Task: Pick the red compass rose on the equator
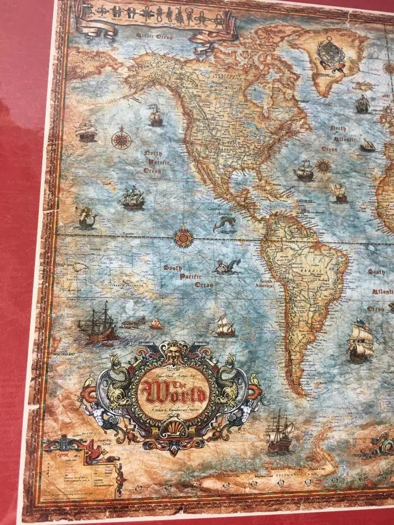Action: click(183, 237)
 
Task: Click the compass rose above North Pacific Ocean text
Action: click(121, 138)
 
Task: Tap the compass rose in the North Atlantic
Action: click(323, 166)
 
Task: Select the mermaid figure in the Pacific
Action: click(86, 217)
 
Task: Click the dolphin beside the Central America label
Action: click(224, 224)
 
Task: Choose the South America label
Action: click(266, 283)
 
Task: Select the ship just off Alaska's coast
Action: click(155, 115)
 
